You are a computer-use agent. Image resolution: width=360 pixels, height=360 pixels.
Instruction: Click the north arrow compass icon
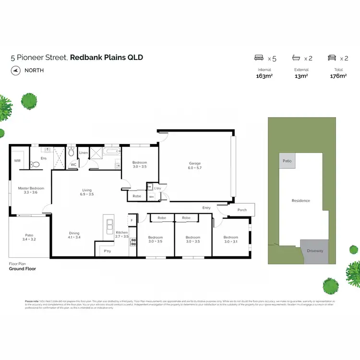coord(15,70)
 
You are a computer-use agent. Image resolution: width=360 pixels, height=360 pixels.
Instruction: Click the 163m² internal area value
coord(264,76)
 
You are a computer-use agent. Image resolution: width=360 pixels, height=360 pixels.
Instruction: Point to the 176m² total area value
coord(338,76)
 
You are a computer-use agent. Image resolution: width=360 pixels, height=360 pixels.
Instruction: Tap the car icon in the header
coord(332,58)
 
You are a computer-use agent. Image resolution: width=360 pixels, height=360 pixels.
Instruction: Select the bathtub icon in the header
coord(296,58)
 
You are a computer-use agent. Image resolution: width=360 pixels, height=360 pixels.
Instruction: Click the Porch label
coord(242,210)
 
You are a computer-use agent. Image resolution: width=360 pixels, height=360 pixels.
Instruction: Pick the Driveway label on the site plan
coord(315,251)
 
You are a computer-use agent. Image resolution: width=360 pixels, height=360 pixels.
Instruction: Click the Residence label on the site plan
coord(301,201)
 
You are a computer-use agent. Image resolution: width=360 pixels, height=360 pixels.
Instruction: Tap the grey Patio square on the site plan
coord(287,161)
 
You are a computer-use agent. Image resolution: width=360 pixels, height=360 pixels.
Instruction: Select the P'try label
coord(108,251)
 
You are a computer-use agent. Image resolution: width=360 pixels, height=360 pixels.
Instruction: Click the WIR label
coord(17,161)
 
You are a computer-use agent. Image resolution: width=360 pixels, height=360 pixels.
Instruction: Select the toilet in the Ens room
coord(35,165)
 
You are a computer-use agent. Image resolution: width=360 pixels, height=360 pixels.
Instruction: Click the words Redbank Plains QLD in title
coord(107,58)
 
